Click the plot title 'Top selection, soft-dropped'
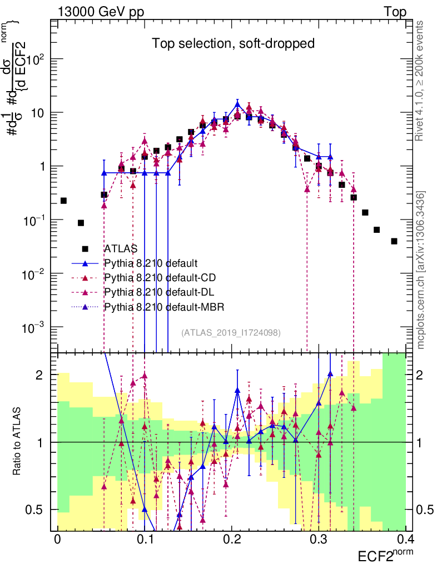pyautogui.click(x=234, y=44)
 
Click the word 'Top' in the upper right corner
pyautogui.click(x=395, y=12)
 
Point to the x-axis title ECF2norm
pyautogui.click(x=386, y=556)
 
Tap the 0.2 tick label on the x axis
pyautogui.click(x=232, y=540)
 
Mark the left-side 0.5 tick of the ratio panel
pyautogui.click(x=43, y=510)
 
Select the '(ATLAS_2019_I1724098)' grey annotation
pyautogui.click(x=231, y=332)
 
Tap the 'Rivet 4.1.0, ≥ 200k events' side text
pyautogui.click(x=421, y=86)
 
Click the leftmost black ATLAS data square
pyautogui.click(x=63, y=201)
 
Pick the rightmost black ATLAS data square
pyautogui.click(x=394, y=241)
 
